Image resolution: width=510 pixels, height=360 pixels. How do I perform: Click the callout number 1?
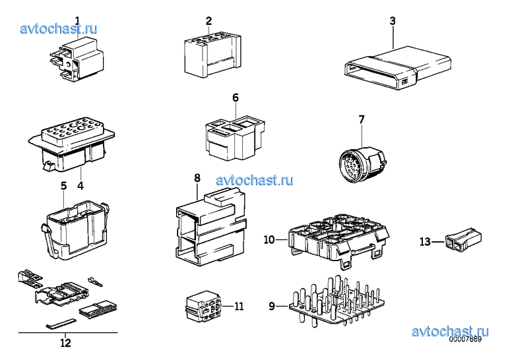(77, 21)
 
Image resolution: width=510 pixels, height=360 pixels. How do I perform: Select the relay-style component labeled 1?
(77, 59)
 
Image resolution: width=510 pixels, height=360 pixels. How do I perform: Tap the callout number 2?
(208, 21)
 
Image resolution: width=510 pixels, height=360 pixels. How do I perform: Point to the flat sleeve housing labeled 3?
(397, 68)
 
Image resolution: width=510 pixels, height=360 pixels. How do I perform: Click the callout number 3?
(393, 21)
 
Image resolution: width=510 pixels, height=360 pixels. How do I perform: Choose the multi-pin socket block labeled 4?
(71, 145)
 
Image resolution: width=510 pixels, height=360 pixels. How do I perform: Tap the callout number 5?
(64, 186)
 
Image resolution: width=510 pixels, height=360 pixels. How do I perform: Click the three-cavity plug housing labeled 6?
(235, 138)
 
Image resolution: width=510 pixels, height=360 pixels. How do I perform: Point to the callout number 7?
(362, 119)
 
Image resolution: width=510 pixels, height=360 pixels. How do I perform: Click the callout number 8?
(197, 178)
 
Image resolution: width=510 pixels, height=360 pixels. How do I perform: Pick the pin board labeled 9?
(336, 301)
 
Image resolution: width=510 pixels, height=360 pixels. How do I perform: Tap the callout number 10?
(269, 240)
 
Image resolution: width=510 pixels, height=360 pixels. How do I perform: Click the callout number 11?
(239, 307)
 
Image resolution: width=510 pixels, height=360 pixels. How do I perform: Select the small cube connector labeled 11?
(205, 306)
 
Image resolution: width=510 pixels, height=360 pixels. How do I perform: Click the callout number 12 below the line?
(65, 343)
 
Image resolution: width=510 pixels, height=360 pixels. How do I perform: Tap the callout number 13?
(425, 242)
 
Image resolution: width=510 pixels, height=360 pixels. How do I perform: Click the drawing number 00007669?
(465, 339)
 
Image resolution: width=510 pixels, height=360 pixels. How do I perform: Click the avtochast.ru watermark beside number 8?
(255, 180)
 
